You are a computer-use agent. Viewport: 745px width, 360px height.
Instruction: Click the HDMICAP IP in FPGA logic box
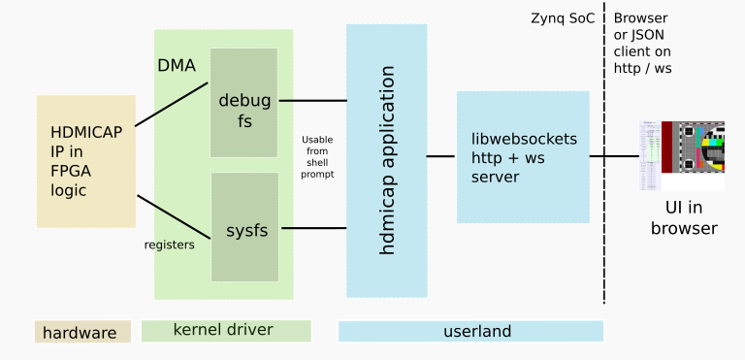85,161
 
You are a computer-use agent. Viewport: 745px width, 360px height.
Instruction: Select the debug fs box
243,102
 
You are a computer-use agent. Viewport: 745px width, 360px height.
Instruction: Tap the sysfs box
245,229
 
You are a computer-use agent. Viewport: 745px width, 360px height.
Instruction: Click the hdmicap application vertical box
386,160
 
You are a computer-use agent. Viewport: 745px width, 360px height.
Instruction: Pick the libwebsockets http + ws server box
523,157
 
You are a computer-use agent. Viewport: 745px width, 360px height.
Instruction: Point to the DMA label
177,66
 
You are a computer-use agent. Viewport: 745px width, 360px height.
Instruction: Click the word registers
169,245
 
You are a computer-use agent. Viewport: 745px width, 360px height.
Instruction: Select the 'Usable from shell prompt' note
316,156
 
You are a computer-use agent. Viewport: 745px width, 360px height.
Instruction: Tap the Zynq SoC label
563,18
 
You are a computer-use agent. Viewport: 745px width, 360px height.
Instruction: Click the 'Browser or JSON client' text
643,44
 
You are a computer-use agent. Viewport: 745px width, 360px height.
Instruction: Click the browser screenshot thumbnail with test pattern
681,156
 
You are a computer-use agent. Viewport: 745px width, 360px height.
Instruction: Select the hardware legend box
82,333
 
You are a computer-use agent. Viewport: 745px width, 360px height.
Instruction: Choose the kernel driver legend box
226,331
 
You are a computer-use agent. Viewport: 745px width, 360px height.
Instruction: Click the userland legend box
470,332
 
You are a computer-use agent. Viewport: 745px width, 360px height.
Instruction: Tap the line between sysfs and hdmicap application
313,229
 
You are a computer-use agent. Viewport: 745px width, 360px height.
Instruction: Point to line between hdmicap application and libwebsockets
441,156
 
